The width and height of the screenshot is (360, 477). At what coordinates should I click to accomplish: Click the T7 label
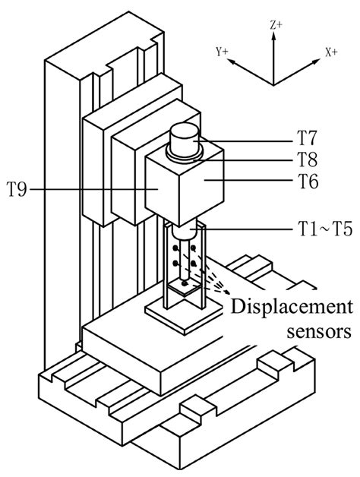307,137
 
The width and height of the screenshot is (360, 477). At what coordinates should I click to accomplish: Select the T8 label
307,159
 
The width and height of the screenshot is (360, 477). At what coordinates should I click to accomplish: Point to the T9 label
17,190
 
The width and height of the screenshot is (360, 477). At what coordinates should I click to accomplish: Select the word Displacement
292,308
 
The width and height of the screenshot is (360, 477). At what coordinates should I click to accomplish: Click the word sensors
319,332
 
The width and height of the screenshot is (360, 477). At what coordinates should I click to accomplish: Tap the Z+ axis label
276,25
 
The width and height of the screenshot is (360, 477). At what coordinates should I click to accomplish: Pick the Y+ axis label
222,52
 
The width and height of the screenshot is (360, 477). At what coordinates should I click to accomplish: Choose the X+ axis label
331,52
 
